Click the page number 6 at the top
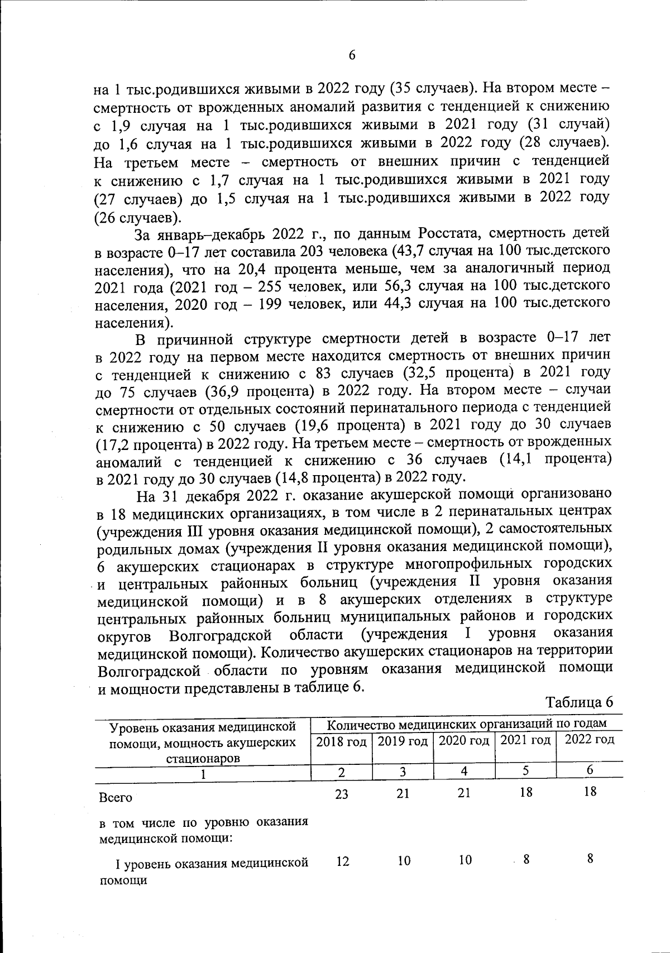[x=352, y=55]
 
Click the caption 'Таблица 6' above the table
[x=579, y=702]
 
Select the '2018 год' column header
[x=341, y=741]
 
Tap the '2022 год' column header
[x=590, y=740]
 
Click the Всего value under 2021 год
[x=525, y=792]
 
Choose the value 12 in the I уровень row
[x=343, y=861]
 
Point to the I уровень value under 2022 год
[x=590, y=859]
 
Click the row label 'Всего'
[x=116, y=797]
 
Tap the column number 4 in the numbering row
[x=464, y=771]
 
